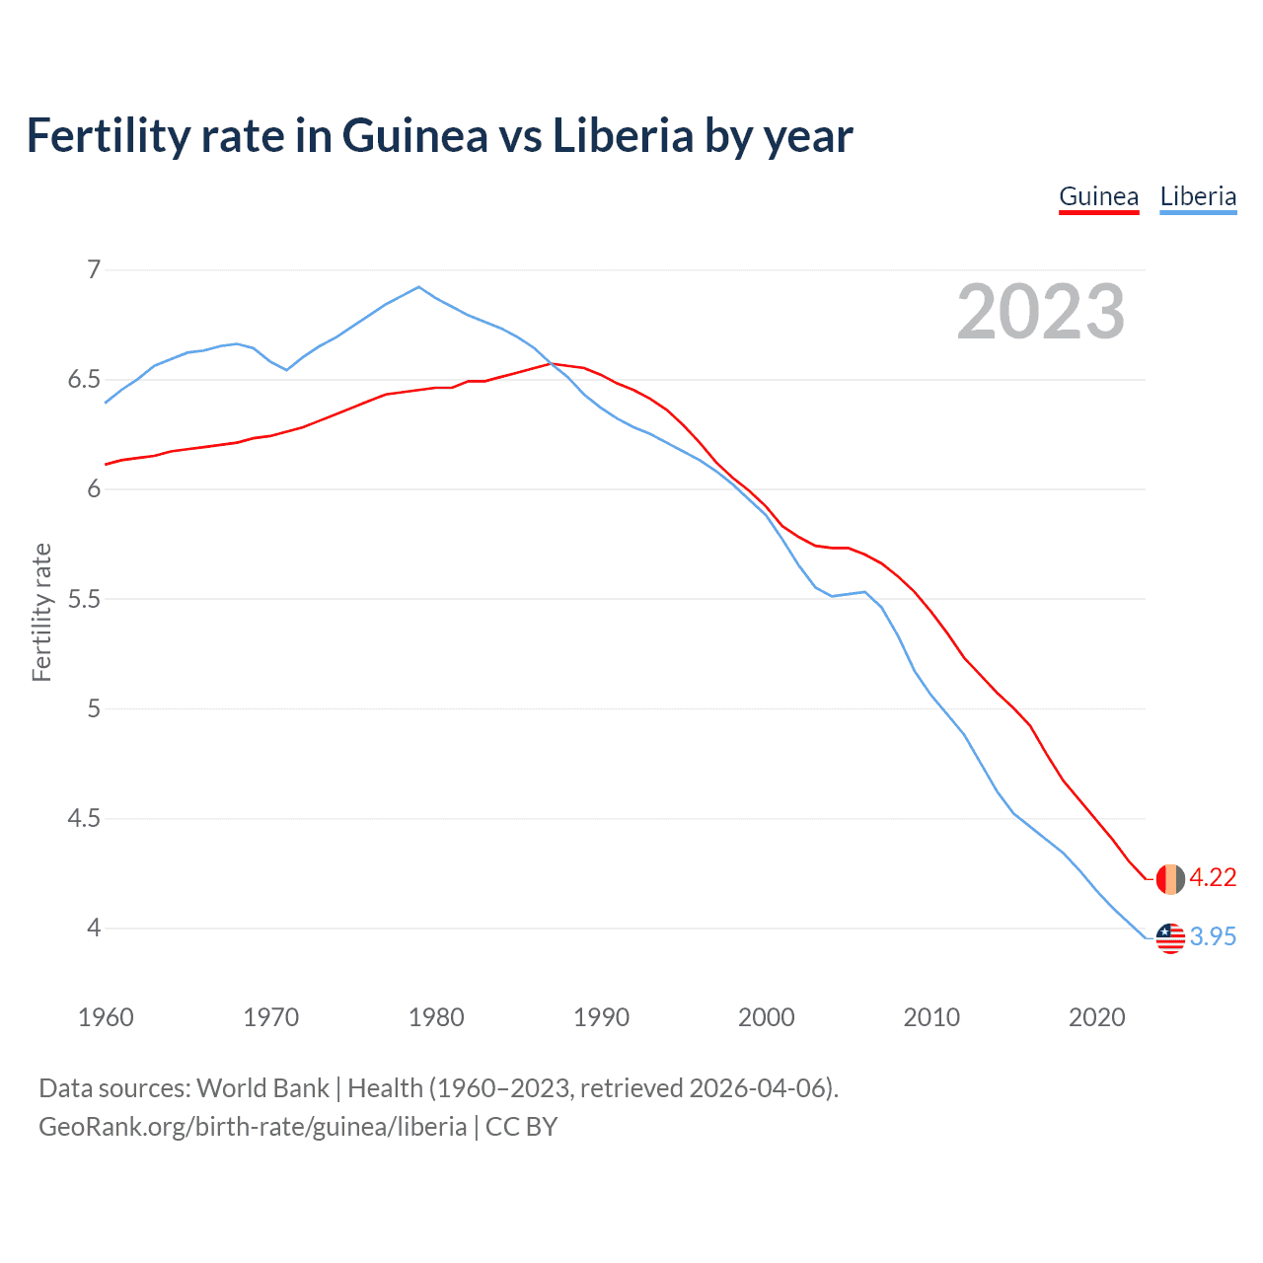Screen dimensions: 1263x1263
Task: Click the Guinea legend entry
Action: pos(1098,196)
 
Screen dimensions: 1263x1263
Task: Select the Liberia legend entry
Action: pos(1198,196)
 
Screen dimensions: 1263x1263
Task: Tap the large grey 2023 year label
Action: pos(1040,312)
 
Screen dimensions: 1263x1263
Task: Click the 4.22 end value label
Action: pos(1213,877)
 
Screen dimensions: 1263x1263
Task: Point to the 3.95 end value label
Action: pos(1213,936)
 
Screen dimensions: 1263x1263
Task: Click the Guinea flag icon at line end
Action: pos(1169,878)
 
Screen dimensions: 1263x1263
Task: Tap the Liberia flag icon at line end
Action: pos(1169,937)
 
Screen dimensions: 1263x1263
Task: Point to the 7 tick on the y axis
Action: pos(94,269)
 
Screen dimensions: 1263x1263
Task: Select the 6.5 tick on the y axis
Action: pos(84,380)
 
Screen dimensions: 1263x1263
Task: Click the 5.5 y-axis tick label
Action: pos(84,599)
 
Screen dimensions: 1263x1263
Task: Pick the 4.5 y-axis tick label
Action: pos(84,818)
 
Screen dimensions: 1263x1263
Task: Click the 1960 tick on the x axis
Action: pos(106,1017)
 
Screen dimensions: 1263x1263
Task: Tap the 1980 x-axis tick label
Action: pos(436,1017)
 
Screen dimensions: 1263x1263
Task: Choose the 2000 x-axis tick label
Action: pos(766,1017)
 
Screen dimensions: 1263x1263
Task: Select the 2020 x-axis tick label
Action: pos(1096,1017)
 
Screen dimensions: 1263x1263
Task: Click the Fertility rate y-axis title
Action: pos(41,612)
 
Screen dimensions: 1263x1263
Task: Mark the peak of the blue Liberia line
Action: pos(419,287)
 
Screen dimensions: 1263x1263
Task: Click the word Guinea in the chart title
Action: pos(414,136)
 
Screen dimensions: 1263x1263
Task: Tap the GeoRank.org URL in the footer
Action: pos(253,1127)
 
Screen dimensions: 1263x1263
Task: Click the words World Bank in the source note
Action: pos(262,1088)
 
